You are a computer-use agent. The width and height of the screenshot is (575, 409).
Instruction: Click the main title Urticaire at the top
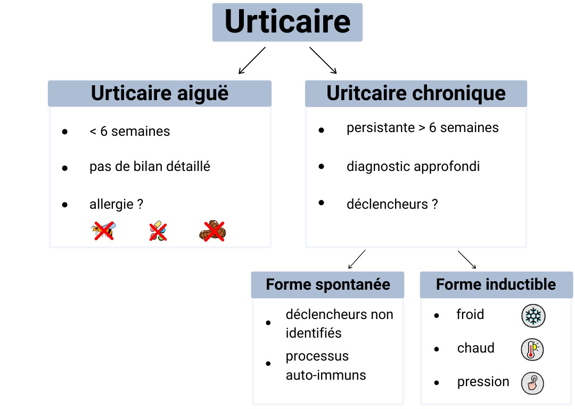(x=287, y=22)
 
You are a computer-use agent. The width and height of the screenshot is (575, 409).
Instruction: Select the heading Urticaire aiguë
(x=160, y=93)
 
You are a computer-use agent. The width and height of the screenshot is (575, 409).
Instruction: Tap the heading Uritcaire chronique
(x=416, y=93)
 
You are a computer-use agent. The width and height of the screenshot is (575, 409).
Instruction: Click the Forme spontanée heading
(x=327, y=284)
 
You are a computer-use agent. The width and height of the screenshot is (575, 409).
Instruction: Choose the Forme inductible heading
(x=496, y=284)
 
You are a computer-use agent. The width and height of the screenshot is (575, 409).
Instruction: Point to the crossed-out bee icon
(x=104, y=231)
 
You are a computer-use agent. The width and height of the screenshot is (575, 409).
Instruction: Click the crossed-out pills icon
(x=158, y=231)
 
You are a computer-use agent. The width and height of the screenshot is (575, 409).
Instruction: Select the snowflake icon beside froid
(x=532, y=316)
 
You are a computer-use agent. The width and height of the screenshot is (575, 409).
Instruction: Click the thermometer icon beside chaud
(x=532, y=349)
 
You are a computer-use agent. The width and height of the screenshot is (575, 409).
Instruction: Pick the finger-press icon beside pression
(x=532, y=383)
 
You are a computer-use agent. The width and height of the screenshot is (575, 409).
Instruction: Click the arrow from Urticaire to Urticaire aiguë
(x=252, y=60)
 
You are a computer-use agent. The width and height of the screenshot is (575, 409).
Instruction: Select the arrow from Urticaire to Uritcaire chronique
(x=323, y=60)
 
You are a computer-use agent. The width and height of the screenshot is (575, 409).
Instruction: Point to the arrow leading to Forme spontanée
(x=357, y=259)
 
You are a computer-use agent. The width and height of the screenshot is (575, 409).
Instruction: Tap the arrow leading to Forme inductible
(x=467, y=259)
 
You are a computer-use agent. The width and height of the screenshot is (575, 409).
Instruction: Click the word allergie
(x=111, y=204)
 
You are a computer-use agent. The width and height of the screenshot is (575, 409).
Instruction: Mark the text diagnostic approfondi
(x=413, y=167)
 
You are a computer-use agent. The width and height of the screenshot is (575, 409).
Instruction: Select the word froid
(x=470, y=315)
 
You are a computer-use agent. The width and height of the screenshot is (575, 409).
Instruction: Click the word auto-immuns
(x=326, y=375)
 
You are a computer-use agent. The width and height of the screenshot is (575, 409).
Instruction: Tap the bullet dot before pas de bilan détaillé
(x=65, y=168)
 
